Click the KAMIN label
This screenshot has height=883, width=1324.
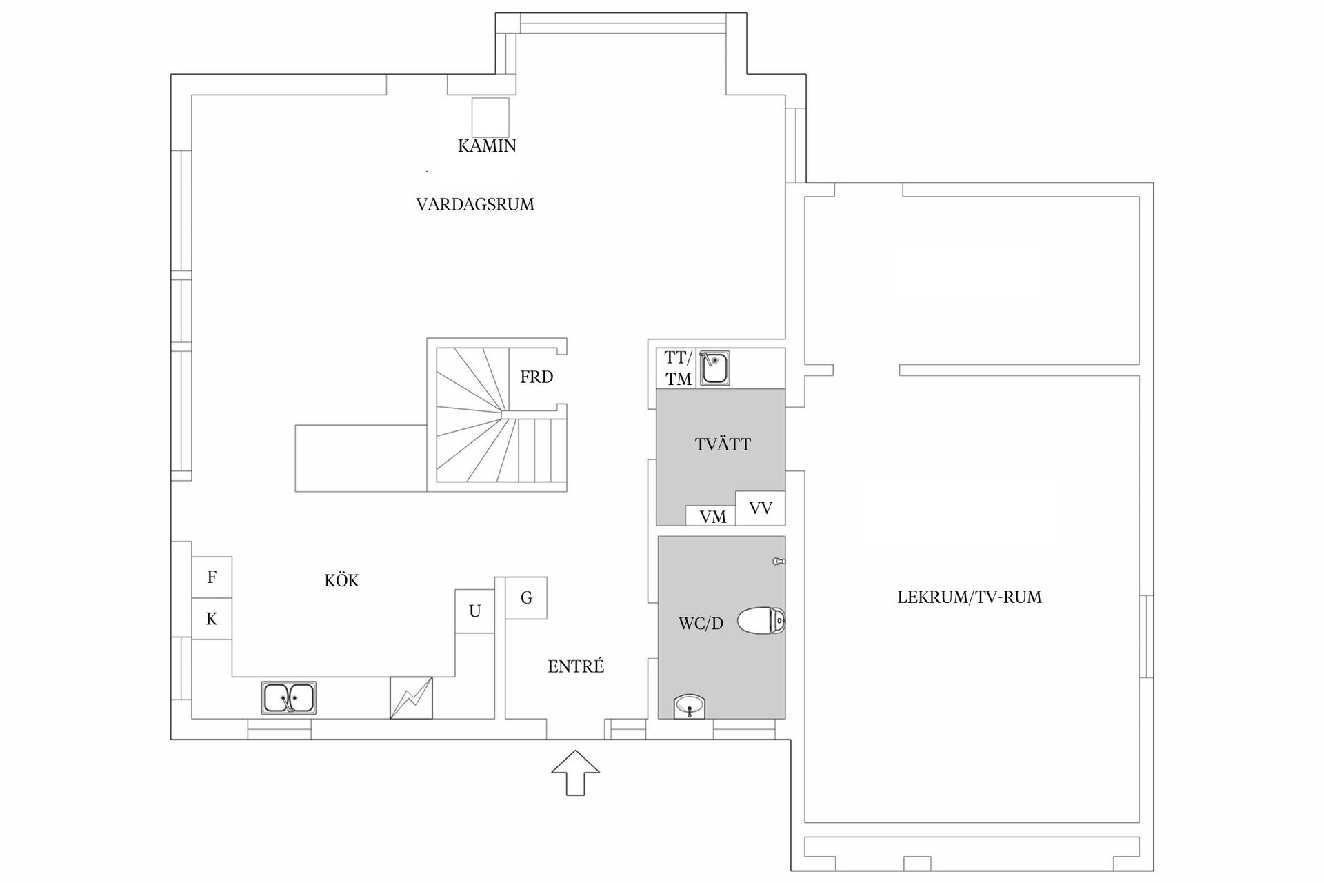point(487,146)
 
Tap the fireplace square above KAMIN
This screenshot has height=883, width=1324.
point(490,118)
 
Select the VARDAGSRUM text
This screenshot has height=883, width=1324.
point(475,205)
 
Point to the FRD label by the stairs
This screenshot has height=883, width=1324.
point(536,377)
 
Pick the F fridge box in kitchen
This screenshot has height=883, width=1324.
point(212,577)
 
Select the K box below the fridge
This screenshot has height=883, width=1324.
point(212,619)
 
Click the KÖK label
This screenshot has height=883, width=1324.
point(341,581)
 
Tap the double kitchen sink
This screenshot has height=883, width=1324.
point(289,698)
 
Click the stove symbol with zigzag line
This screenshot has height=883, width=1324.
point(411,698)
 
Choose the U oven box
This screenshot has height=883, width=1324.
point(474,611)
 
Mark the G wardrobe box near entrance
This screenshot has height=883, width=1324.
point(526,598)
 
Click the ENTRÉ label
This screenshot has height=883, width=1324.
point(576,667)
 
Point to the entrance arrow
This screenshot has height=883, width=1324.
point(575,773)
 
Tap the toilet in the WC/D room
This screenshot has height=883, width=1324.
point(761,621)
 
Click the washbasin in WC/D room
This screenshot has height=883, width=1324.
point(690,706)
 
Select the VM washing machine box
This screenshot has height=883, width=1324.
point(712,517)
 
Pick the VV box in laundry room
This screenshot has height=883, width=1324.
point(760,508)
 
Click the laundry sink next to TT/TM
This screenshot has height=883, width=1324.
point(714,368)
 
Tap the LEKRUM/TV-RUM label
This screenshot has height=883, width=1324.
point(969,597)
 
